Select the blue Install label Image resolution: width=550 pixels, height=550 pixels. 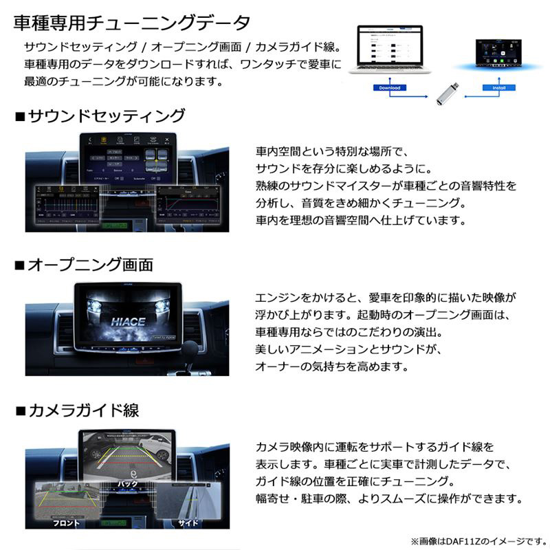494,88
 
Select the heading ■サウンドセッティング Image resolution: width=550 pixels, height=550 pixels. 100,115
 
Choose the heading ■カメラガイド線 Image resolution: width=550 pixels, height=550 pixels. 77,411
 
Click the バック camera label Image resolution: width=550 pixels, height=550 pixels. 129,483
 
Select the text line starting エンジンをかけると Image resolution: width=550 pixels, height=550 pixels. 385,298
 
